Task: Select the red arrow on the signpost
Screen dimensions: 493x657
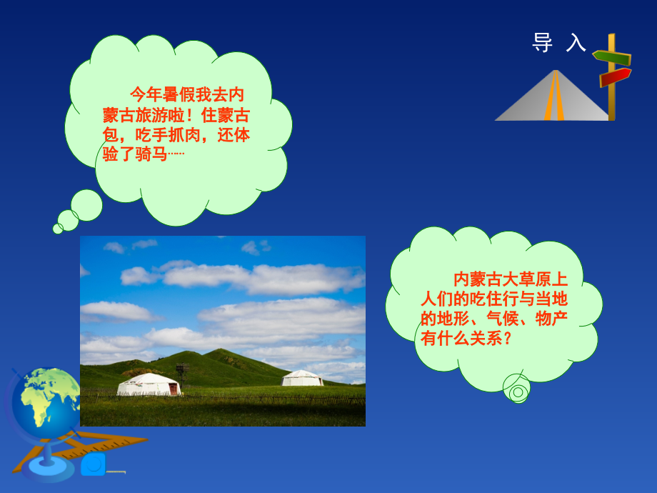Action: click(x=615, y=76)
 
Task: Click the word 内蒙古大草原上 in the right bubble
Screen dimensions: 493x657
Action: click(x=511, y=279)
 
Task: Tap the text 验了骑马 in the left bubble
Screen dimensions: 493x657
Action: click(x=136, y=154)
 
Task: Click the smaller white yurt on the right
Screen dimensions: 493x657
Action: click(x=302, y=378)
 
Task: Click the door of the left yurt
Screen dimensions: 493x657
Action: click(x=174, y=389)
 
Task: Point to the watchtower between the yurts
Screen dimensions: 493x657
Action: click(x=182, y=372)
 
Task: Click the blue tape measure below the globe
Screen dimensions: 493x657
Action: click(x=94, y=464)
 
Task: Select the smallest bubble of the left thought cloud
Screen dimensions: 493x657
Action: click(x=58, y=229)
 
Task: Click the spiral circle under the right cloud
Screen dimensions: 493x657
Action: click(x=517, y=390)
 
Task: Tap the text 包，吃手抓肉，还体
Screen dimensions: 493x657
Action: click(x=176, y=135)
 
